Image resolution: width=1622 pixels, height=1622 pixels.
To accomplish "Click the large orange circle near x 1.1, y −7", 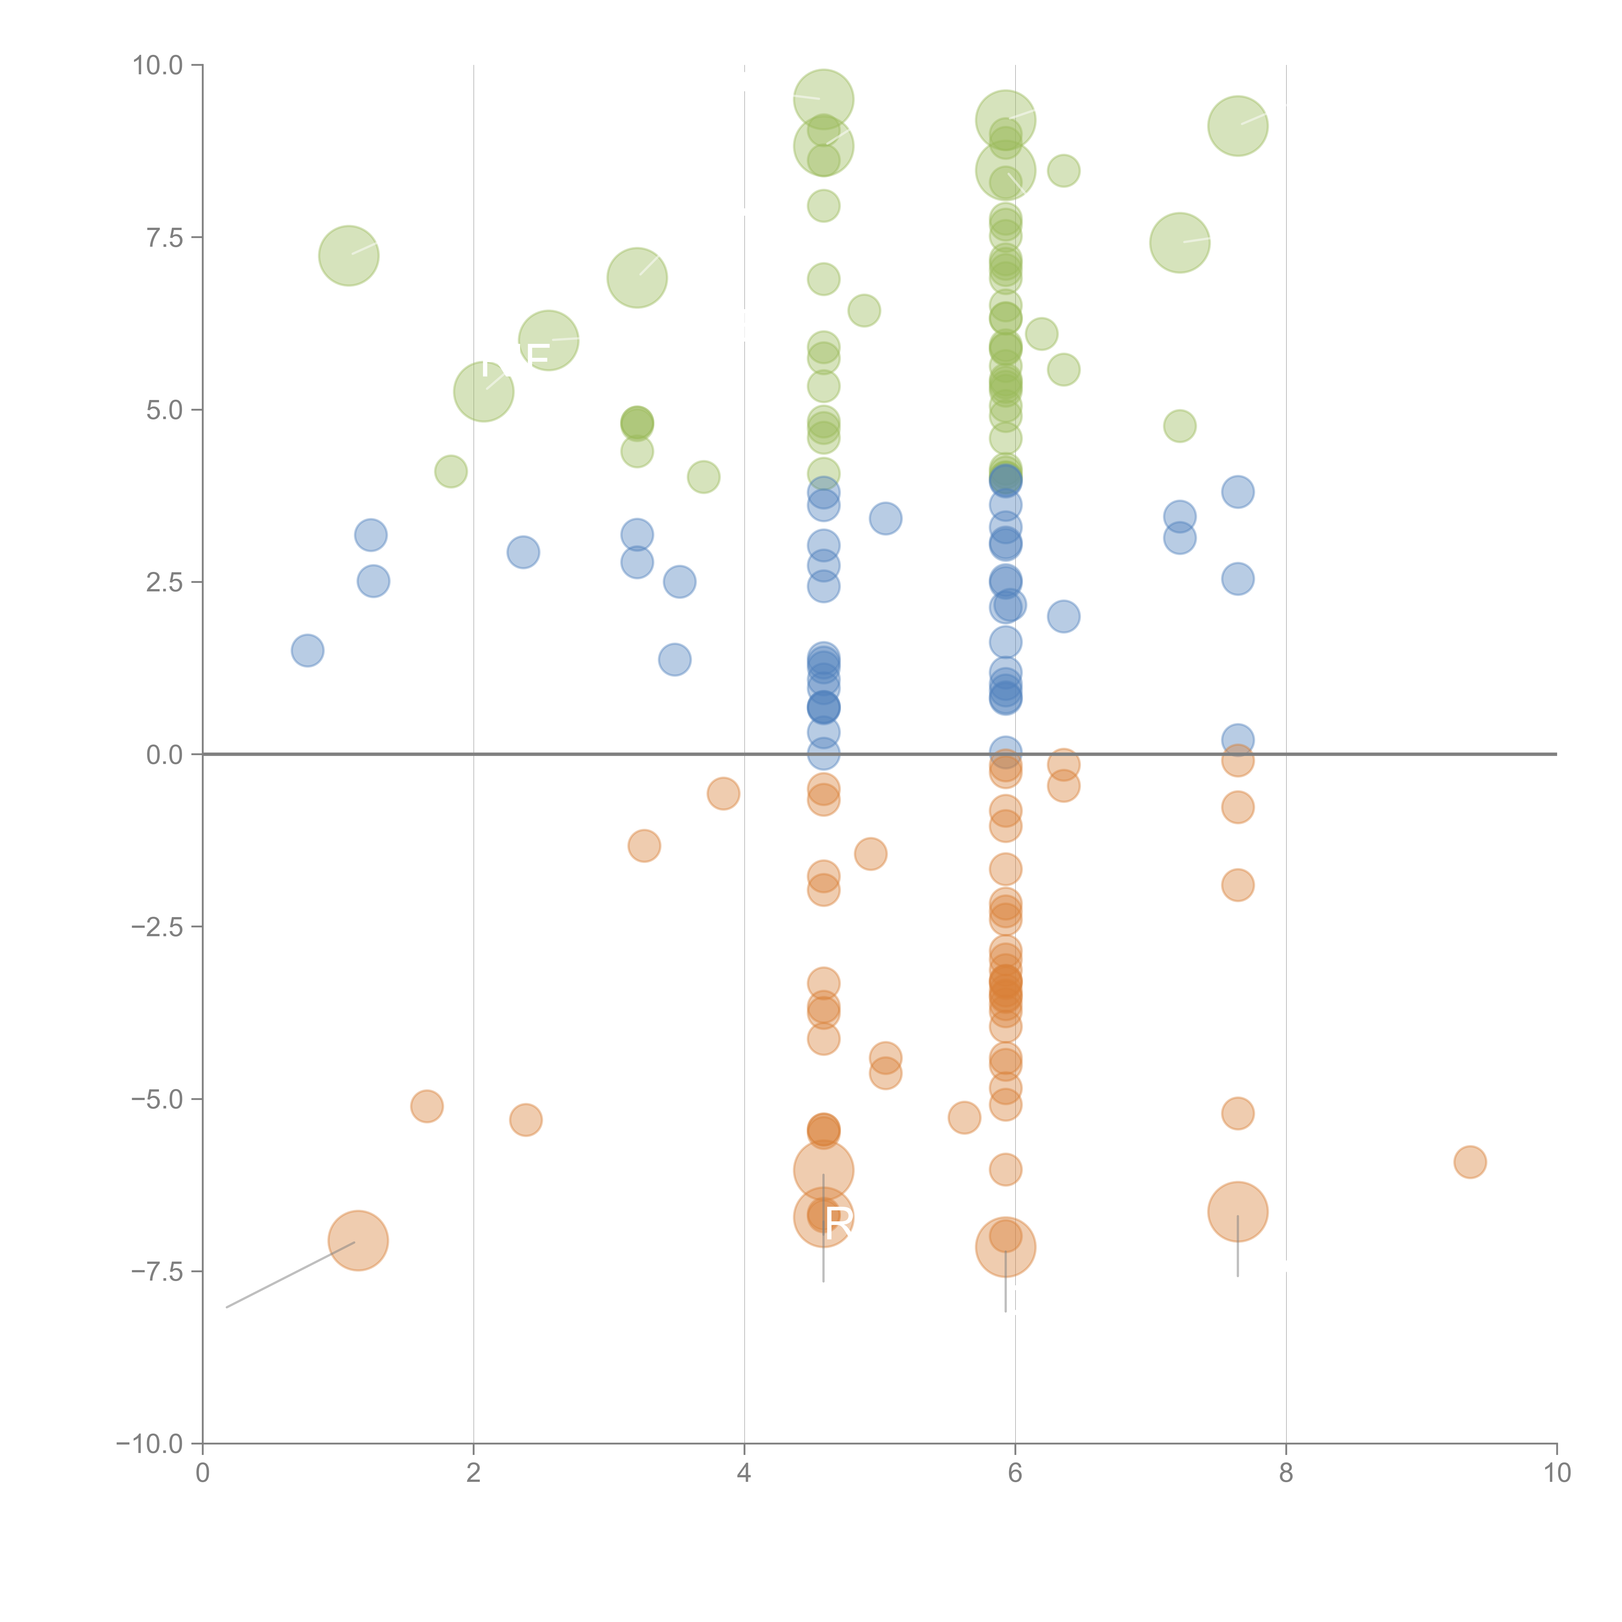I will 358,1241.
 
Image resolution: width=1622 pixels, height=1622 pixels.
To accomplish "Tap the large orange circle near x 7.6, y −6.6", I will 1238,1211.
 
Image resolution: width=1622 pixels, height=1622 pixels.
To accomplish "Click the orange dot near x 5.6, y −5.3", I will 964,1118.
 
